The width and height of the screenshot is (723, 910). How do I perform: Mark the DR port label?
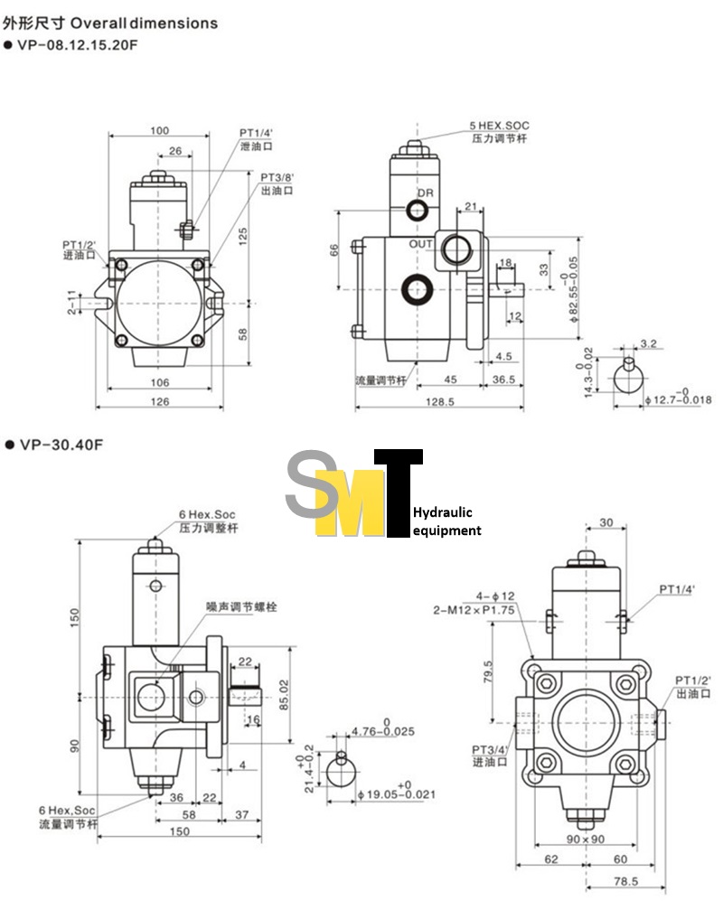coord(426,194)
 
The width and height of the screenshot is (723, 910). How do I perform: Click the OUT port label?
coord(420,245)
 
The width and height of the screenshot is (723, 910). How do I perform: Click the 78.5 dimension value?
coord(625,880)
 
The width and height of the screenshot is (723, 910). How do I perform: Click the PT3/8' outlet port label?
coord(277,177)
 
